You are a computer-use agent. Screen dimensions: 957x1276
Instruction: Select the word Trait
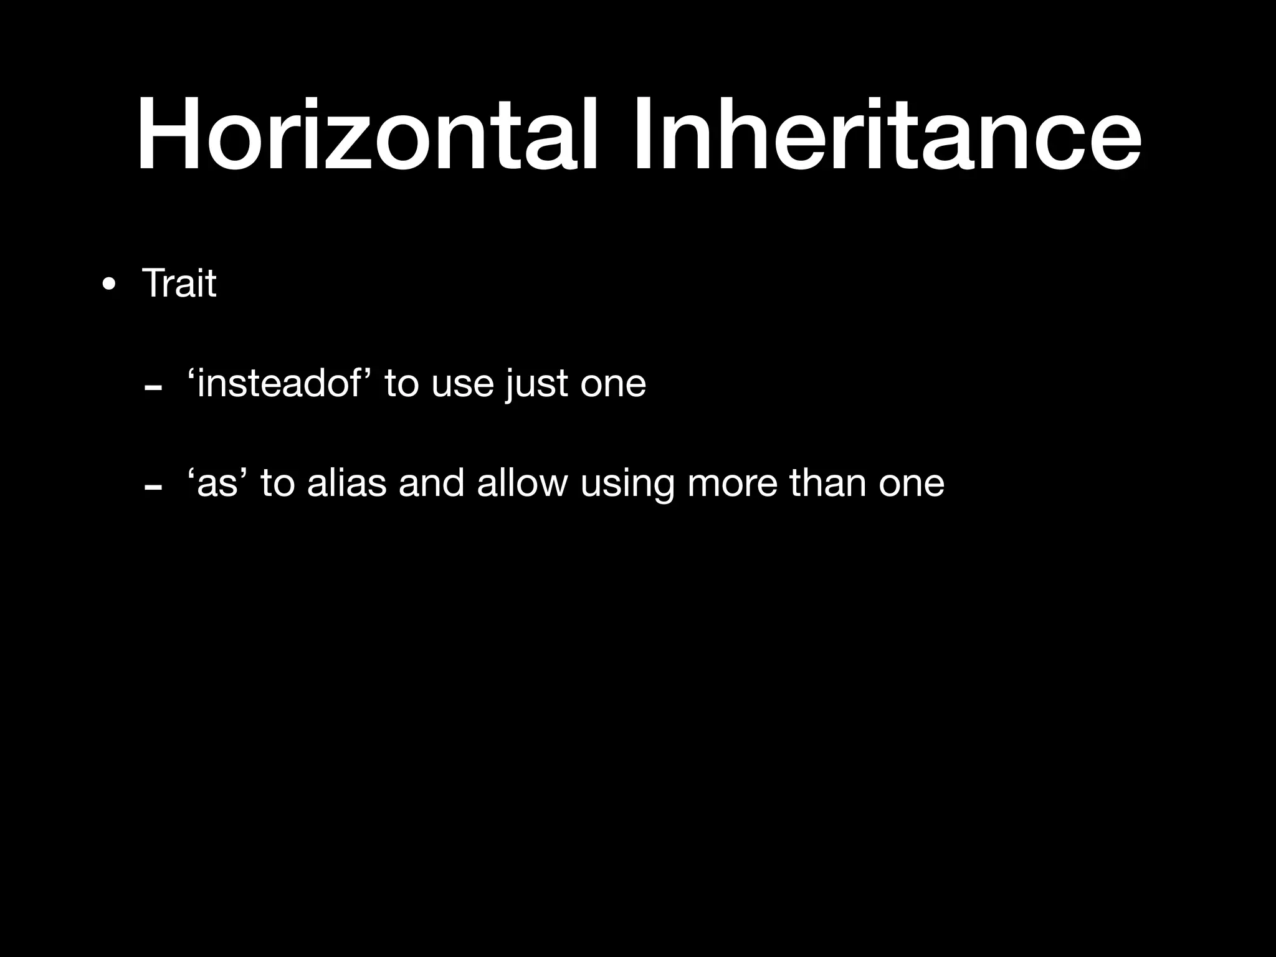pos(179,283)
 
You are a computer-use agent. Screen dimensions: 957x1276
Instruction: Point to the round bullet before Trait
pos(109,285)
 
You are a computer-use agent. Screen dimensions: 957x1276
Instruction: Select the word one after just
pos(613,385)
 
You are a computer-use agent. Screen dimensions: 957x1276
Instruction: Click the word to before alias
pos(277,483)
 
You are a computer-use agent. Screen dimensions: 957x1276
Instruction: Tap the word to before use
pos(401,384)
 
